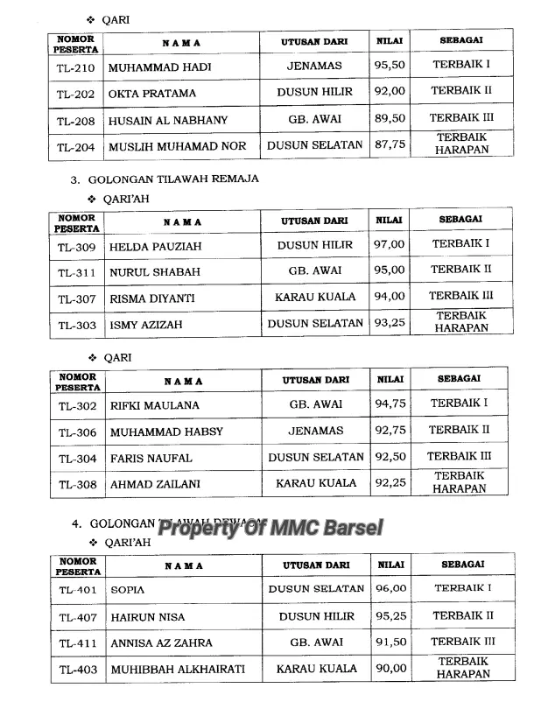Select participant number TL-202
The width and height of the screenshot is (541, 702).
pyautogui.click(x=76, y=93)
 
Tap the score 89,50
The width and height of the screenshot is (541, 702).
pyautogui.click(x=390, y=119)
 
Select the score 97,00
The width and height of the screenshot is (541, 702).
pyautogui.click(x=390, y=245)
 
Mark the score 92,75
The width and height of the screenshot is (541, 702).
pyautogui.click(x=390, y=431)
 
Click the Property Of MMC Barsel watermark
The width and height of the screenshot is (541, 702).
pyautogui.click(x=270, y=528)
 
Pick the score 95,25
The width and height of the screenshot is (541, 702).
pyautogui.click(x=390, y=616)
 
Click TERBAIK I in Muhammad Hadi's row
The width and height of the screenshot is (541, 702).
pyautogui.click(x=461, y=65)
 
